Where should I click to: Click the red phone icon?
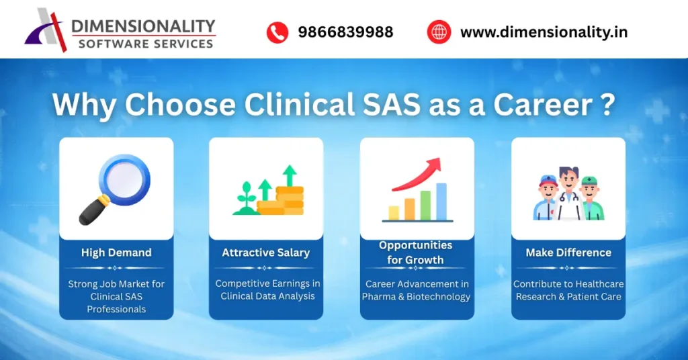(277, 32)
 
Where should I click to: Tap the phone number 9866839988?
(345, 32)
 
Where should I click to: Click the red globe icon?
(439, 32)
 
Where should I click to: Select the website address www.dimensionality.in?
(544, 32)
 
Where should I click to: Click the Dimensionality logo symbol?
(46, 30)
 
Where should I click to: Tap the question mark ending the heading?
(607, 106)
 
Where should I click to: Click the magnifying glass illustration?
(115, 187)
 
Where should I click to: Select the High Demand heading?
(116, 253)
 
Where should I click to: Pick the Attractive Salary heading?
(266, 253)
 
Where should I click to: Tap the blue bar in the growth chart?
(441, 201)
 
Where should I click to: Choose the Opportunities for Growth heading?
(416, 253)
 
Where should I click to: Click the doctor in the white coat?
(568, 194)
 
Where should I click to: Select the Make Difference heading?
(568, 253)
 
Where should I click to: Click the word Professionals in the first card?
(116, 309)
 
